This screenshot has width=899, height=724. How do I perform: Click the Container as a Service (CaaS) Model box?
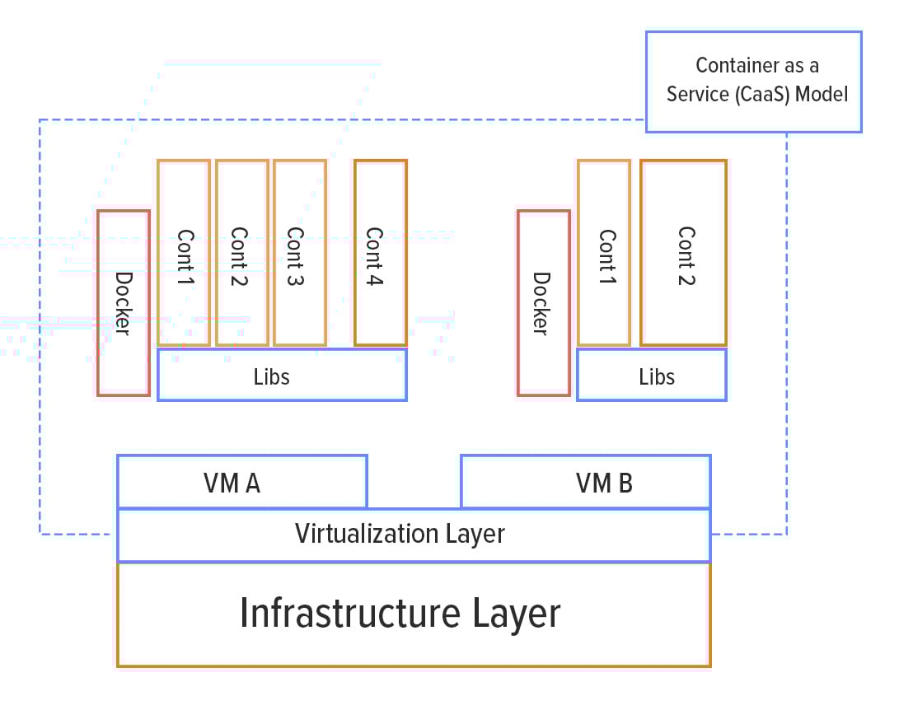(753, 82)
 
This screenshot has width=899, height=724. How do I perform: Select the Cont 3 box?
(300, 253)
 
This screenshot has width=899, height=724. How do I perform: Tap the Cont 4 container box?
(380, 253)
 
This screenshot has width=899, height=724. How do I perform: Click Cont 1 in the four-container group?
(184, 253)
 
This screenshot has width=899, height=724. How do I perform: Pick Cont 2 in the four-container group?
(241, 253)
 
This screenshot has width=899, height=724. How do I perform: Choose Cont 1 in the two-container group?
(604, 253)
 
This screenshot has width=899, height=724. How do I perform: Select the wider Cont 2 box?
(683, 253)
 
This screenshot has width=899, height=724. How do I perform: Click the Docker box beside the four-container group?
(124, 303)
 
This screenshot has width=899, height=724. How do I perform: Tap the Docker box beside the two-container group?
(544, 303)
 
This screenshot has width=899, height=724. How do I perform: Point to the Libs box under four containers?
(282, 376)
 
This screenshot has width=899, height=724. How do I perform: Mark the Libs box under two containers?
(652, 376)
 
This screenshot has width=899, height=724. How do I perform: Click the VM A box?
(241, 482)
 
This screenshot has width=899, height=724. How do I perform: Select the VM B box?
(585, 482)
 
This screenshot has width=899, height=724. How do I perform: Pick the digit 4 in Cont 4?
(375, 278)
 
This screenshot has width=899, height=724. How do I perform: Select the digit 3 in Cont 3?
(295, 278)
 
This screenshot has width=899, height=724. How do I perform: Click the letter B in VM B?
(624, 483)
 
